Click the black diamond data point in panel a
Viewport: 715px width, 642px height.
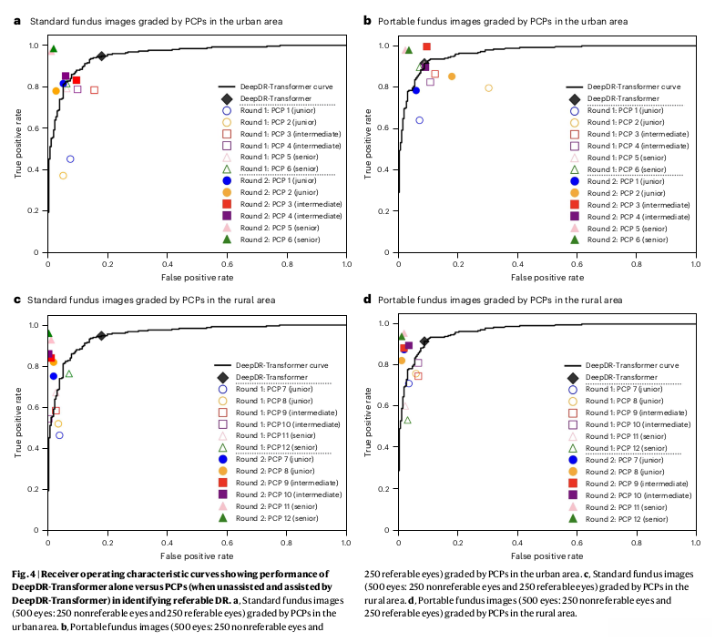(x=101, y=56)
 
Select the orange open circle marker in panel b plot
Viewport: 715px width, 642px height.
(x=489, y=88)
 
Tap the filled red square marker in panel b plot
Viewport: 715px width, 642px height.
(x=426, y=46)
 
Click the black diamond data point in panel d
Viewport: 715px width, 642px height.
(x=424, y=341)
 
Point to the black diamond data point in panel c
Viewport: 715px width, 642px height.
(x=101, y=336)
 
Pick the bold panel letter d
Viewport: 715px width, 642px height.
(x=368, y=299)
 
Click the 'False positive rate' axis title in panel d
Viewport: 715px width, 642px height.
(x=546, y=554)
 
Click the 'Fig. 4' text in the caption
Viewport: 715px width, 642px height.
(x=27, y=574)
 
